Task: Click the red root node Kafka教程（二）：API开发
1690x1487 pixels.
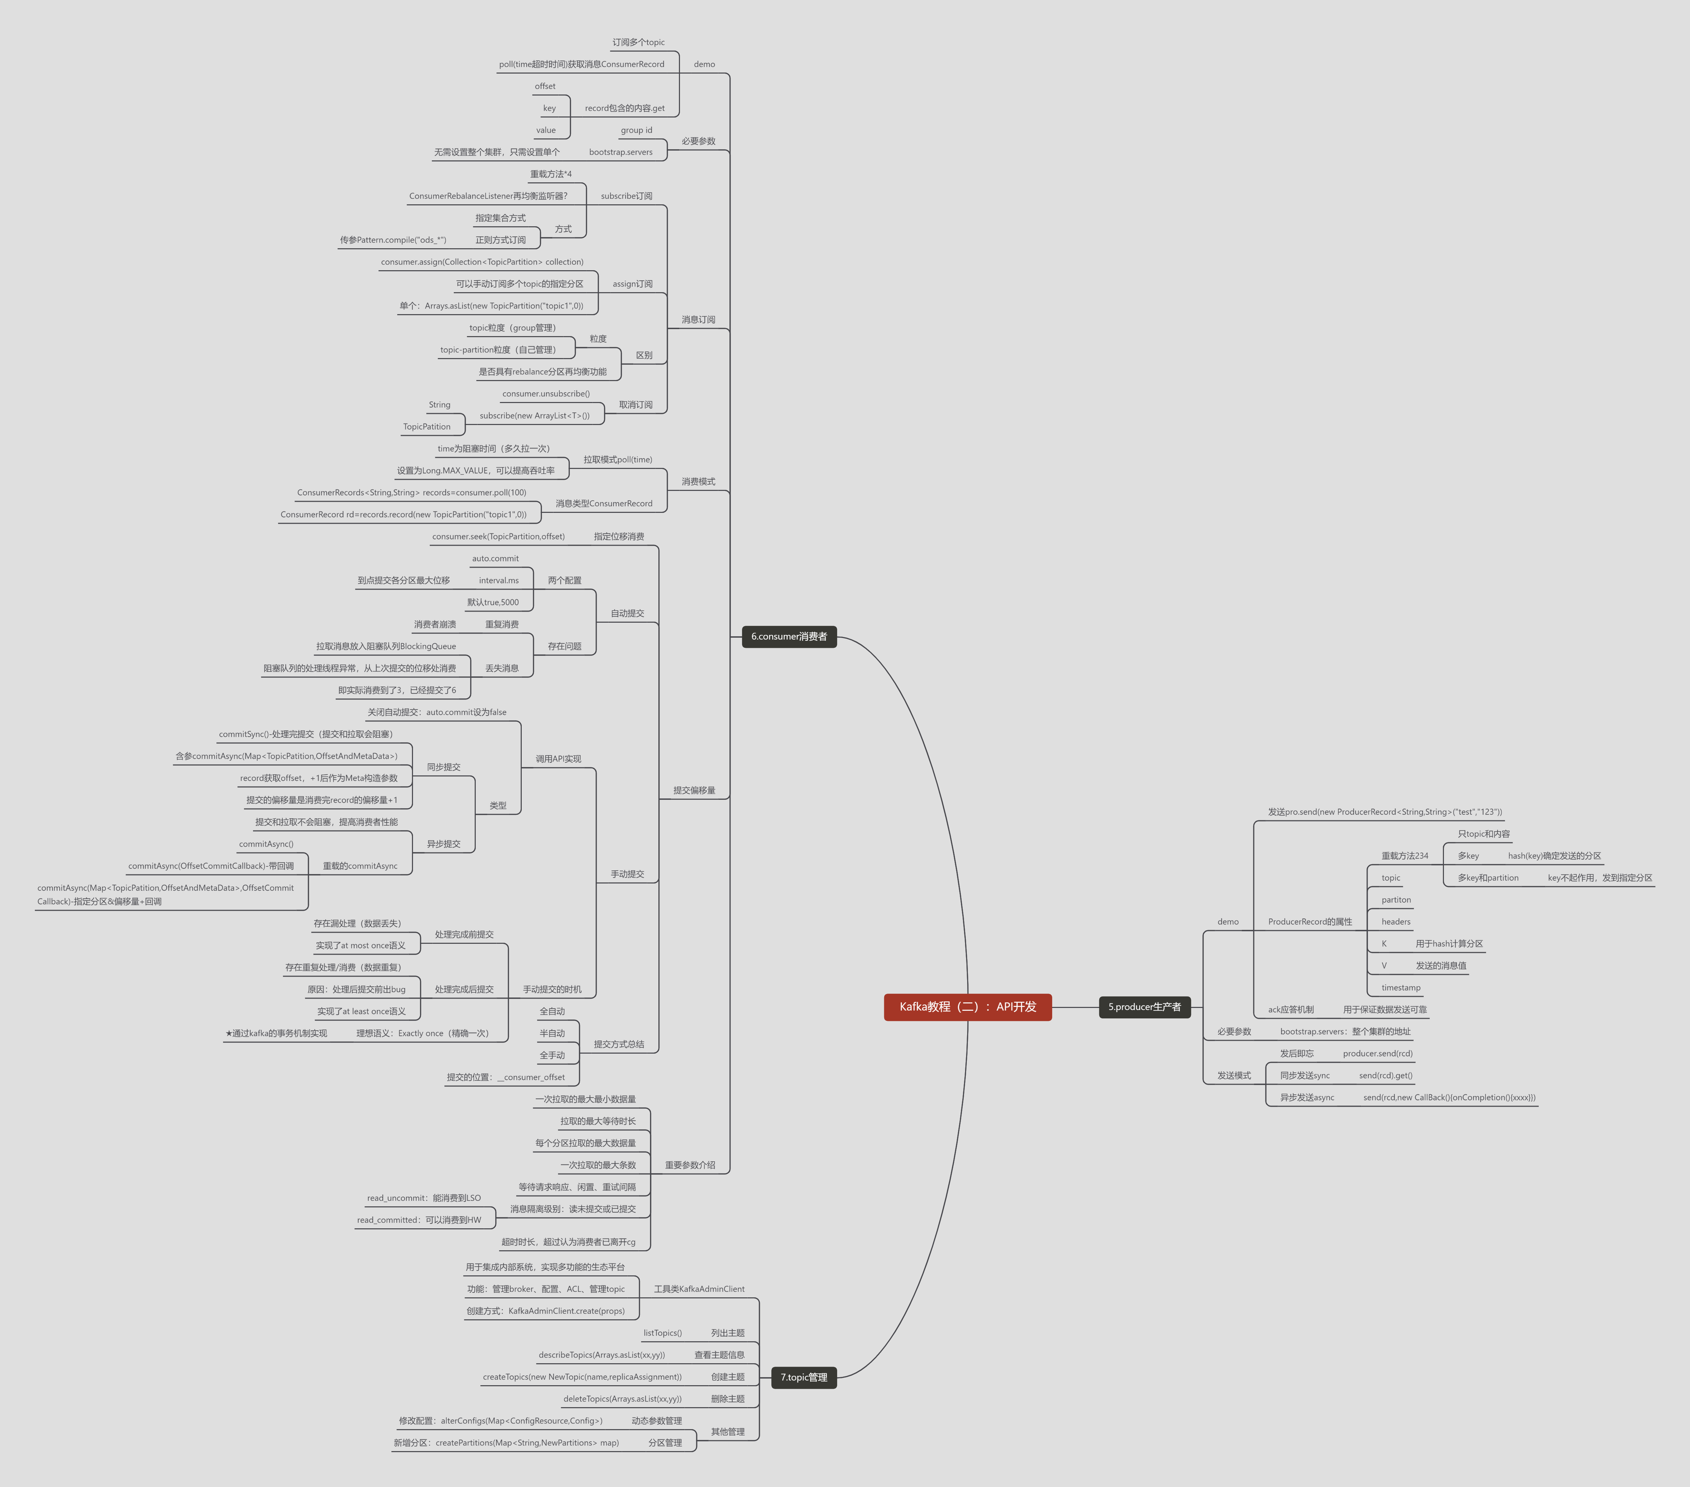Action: click(x=968, y=1007)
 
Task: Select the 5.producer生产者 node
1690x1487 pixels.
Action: click(x=1144, y=1007)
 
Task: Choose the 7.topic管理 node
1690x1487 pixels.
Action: click(x=804, y=1377)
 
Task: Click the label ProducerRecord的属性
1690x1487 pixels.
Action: click(x=1310, y=921)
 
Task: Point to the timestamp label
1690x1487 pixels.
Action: click(x=1401, y=987)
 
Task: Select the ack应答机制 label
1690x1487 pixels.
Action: click(x=1291, y=1010)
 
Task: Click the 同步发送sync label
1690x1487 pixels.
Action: click(x=1305, y=1075)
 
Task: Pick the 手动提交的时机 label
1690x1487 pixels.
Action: click(x=551, y=989)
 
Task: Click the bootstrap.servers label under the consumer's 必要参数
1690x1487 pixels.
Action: click(x=620, y=152)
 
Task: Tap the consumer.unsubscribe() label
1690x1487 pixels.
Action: click(x=546, y=394)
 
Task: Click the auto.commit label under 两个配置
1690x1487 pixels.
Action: click(x=495, y=558)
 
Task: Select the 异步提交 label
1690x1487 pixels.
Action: click(x=443, y=844)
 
